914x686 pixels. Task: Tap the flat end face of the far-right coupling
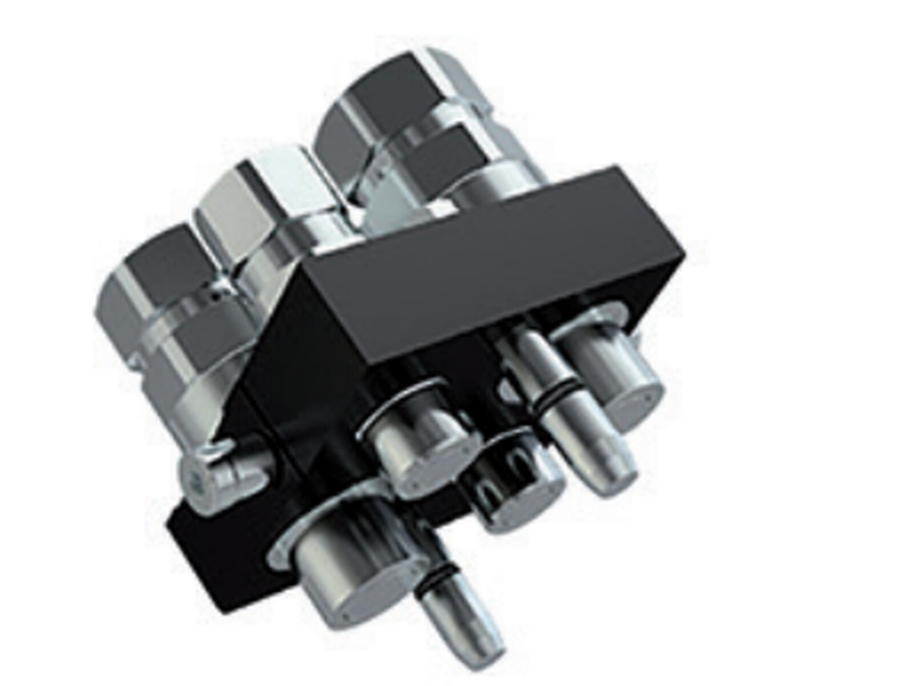634,400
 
